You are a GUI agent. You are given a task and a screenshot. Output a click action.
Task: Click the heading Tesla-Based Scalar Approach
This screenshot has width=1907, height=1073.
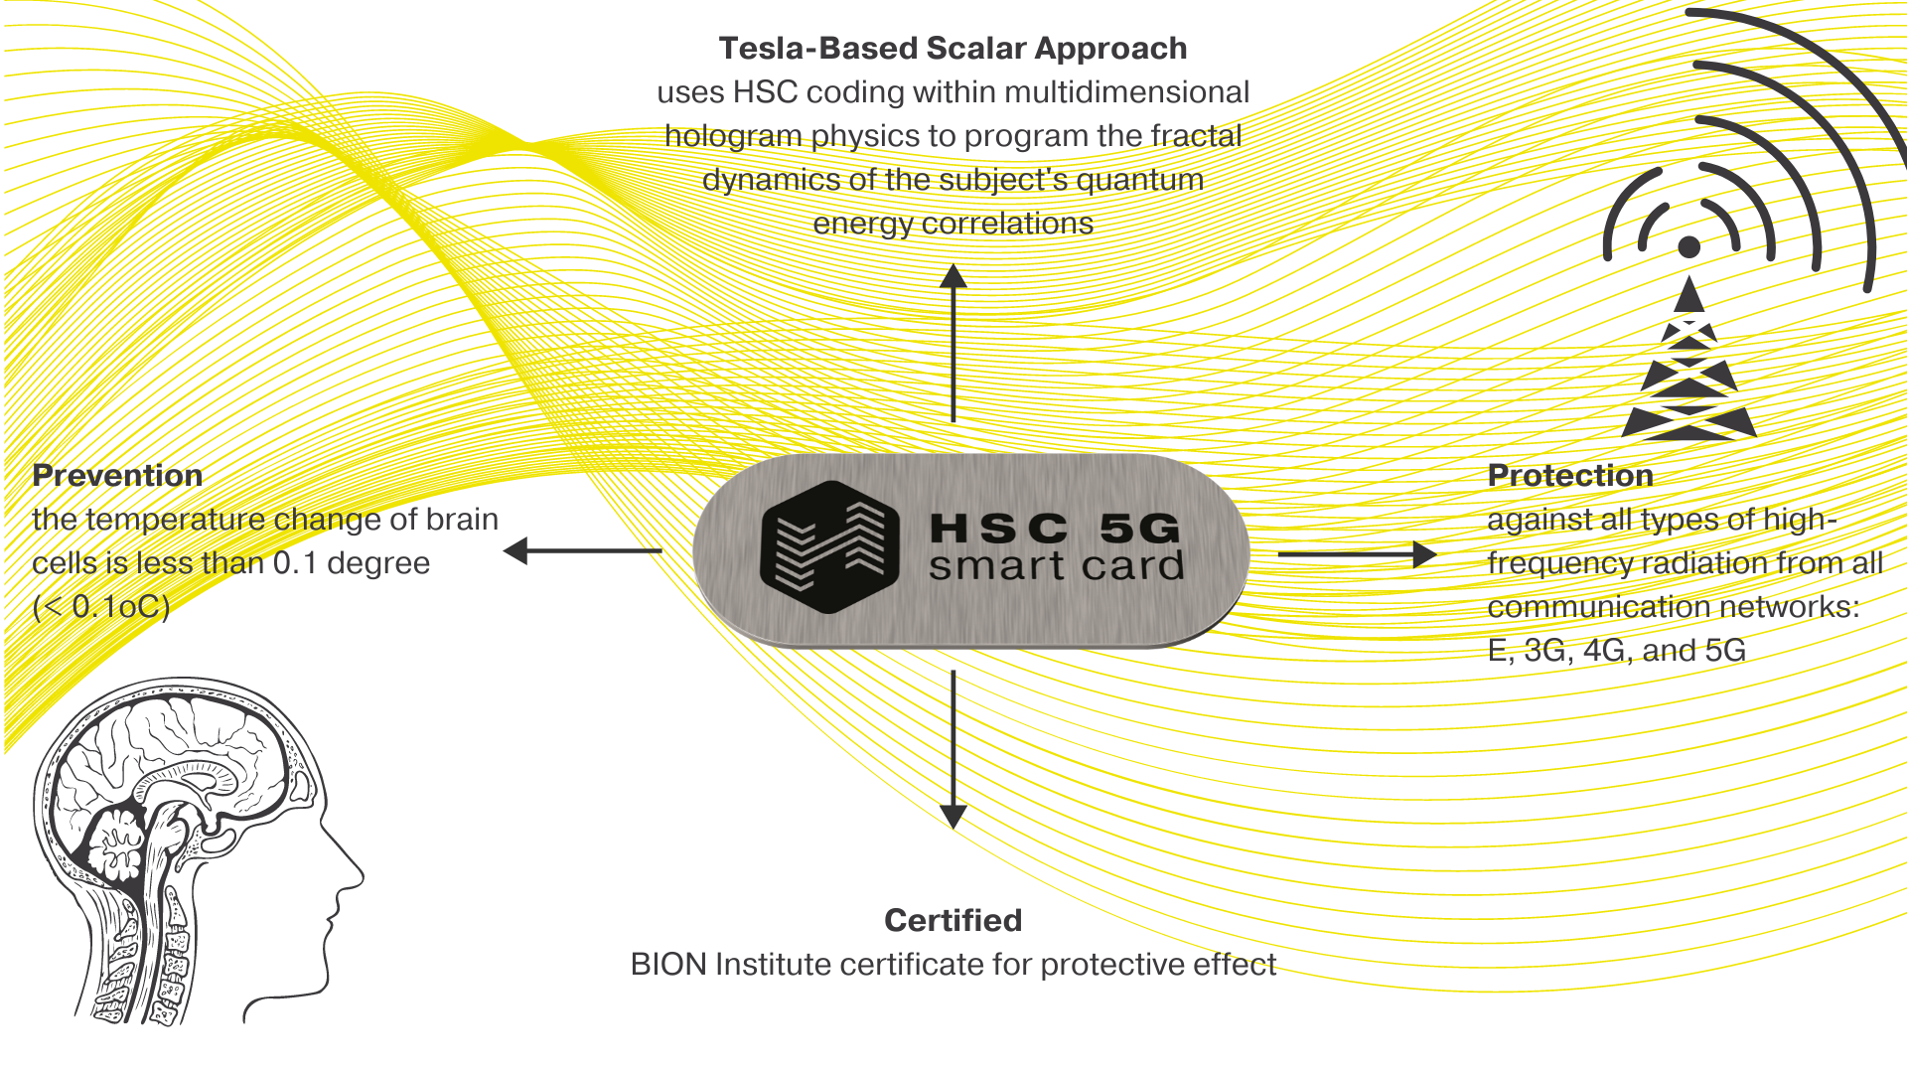click(x=953, y=48)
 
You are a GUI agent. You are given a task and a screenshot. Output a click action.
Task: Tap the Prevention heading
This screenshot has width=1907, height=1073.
click(x=117, y=475)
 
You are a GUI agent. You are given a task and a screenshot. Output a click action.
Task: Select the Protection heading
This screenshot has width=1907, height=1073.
click(x=1570, y=475)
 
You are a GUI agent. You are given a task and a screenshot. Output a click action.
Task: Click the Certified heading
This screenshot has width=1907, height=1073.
click(x=953, y=920)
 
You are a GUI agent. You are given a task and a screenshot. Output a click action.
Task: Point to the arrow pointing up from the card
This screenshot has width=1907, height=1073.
click(x=953, y=343)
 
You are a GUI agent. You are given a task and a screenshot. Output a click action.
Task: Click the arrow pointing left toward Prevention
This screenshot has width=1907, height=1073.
click(x=583, y=550)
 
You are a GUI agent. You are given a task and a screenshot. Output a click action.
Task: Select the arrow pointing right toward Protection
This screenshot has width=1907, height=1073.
click(x=1358, y=553)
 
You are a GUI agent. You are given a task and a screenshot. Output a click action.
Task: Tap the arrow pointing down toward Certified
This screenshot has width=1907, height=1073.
click(x=953, y=750)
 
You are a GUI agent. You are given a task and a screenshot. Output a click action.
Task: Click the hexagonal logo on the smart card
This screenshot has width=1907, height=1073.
click(x=830, y=546)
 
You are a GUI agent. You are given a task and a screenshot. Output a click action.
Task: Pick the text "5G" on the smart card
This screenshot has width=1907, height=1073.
click(x=1141, y=529)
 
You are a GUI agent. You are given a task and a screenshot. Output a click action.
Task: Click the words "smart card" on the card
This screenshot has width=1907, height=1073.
click(x=1057, y=566)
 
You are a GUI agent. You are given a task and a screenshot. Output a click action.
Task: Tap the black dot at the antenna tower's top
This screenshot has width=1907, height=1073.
click(x=1689, y=246)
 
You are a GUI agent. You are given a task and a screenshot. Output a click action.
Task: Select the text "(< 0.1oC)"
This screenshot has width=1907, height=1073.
click(x=101, y=607)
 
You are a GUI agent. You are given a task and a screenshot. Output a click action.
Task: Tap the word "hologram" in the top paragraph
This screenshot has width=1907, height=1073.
click(x=733, y=136)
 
